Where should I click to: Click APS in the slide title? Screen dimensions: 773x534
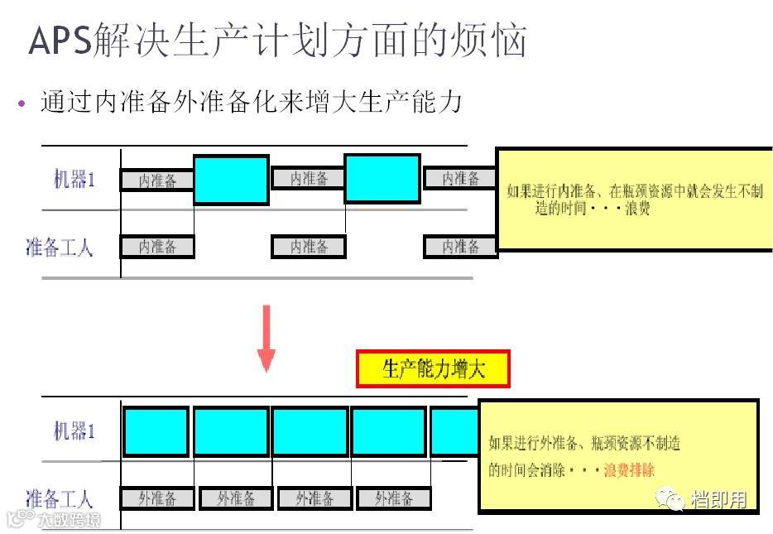pos(59,40)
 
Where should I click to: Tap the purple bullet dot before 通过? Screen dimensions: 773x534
pos(22,103)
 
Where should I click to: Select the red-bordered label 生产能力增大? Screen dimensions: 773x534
pos(433,369)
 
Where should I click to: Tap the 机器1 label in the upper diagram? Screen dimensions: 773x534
pos(74,179)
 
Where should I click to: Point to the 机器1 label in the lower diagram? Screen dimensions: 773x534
pos(74,431)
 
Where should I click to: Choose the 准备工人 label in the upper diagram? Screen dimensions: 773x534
pos(59,247)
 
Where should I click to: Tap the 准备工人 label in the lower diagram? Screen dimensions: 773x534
pos(59,498)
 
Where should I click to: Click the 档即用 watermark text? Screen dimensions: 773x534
pos(718,499)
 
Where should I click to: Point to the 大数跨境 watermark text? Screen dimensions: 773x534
pos(70,520)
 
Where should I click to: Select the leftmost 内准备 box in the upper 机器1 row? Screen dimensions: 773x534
pos(157,180)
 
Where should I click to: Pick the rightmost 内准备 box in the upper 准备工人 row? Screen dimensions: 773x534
pos(460,246)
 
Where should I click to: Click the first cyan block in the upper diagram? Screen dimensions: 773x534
pos(231,180)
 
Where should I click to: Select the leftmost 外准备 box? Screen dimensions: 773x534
pos(157,498)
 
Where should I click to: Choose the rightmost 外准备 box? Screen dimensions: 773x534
pos(393,498)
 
